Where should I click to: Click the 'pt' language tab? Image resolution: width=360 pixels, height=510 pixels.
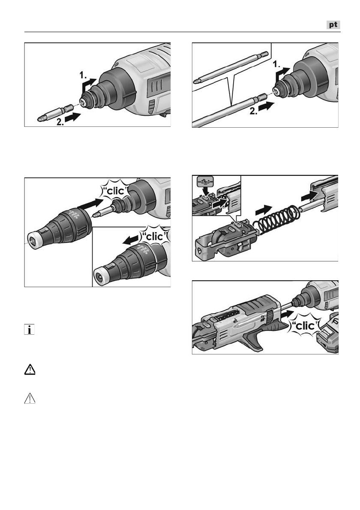coord(333,25)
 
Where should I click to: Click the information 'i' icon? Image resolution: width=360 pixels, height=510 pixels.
coord(29,330)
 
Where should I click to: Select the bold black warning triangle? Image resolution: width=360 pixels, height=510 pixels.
coord(30,369)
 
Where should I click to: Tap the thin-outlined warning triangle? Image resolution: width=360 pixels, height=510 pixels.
coord(30,398)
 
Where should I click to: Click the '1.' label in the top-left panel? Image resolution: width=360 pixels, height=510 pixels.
coord(83,76)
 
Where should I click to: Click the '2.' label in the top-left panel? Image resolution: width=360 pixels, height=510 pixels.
coord(60,122)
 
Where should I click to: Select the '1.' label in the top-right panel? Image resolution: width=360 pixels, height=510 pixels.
coord(276,64)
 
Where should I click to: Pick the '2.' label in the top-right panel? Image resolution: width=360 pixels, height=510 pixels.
coord(254,111)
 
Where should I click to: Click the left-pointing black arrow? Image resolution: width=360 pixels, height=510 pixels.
coord(130,241)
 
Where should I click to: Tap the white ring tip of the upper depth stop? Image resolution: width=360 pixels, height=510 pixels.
coord(33,241)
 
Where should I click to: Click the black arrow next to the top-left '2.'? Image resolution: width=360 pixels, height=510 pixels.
coord(73,117)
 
